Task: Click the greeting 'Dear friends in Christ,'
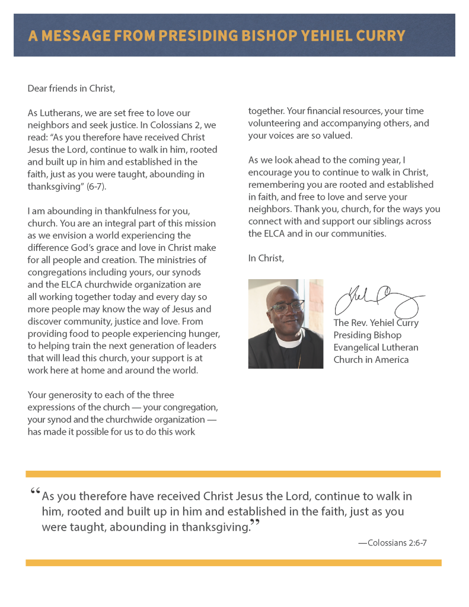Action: pyautogui.click(x=71, y=89)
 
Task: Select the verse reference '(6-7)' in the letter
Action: pyautogui.click(x=94, y=186)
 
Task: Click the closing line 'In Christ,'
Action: pyautogui.click(x=266, y=258)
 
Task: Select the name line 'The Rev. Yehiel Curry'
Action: pyautogui.click(x=376, y=323)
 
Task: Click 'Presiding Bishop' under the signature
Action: pyautogui.click(x=367, y=336)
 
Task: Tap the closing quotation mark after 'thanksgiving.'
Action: pyautogui.click(x=255, y=523)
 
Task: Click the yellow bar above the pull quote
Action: pyautogui.click(x=233, y=474)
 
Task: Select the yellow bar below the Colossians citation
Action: pyautogui.click(x=233, y=563)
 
